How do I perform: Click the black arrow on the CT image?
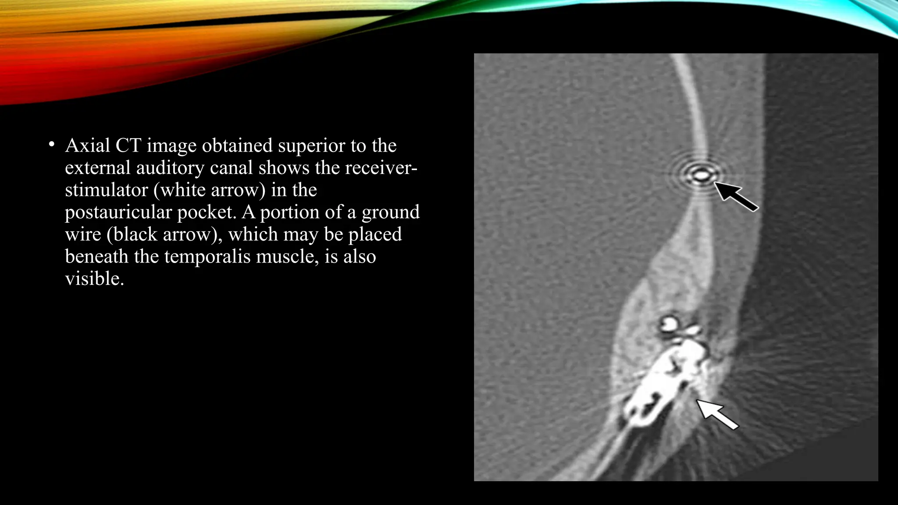click(737, 197)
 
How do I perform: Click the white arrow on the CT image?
click(717, 414)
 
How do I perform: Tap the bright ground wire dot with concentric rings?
click(701, 176)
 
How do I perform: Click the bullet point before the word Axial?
click(51, 144)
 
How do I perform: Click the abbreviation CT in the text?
click(128, 146)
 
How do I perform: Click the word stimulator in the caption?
click(107, 190)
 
